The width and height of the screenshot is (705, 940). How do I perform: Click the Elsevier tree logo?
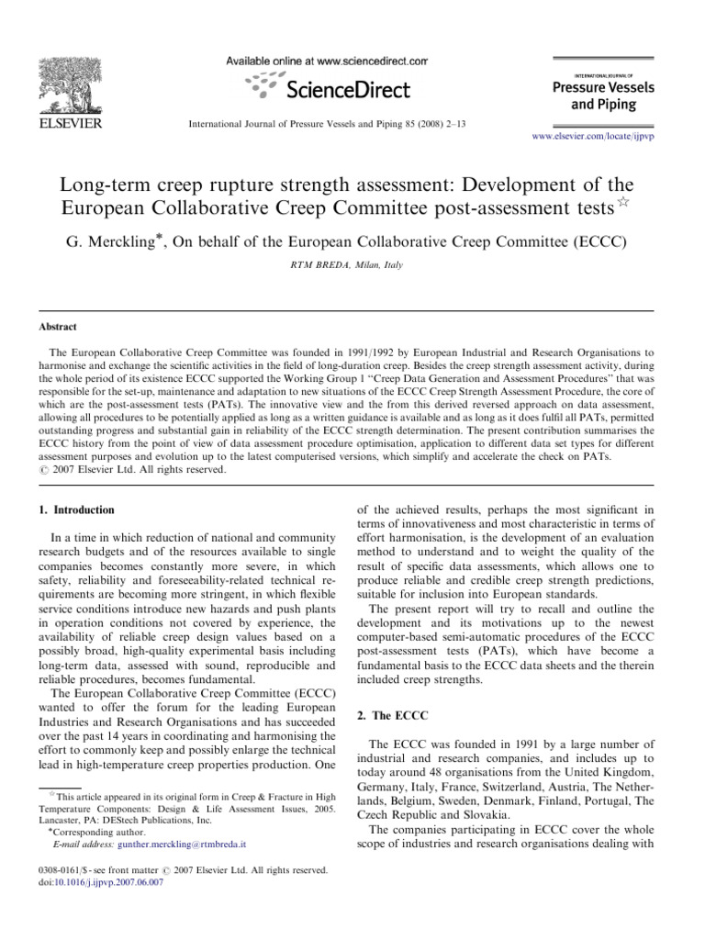point(70,84)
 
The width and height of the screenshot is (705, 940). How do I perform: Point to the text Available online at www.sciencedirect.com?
point(327,61)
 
